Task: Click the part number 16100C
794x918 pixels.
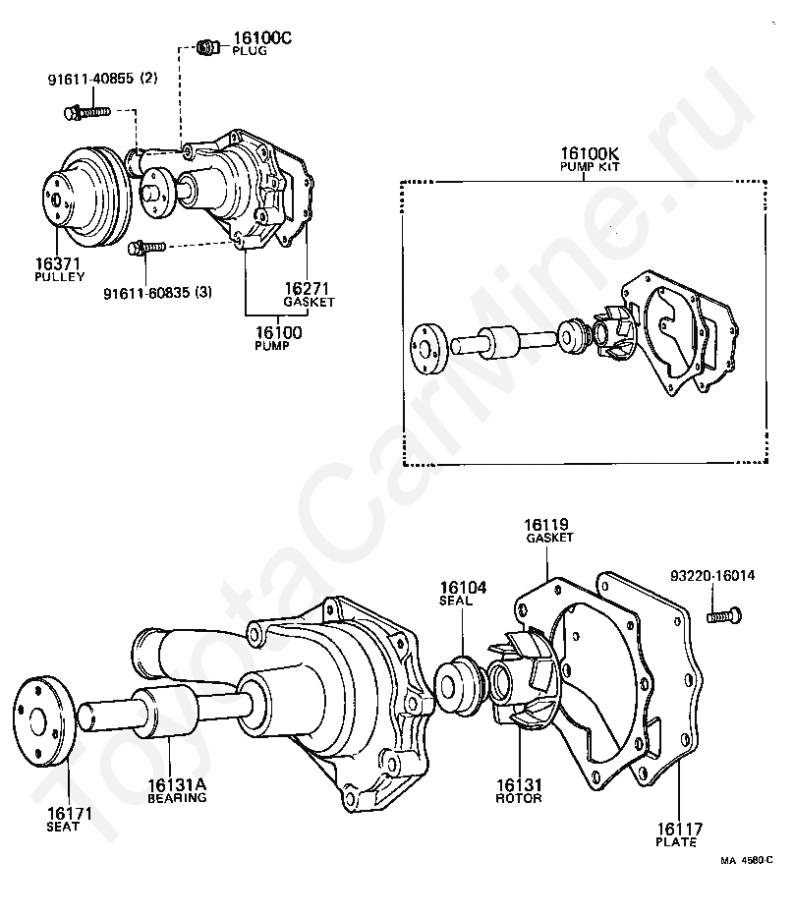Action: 262,38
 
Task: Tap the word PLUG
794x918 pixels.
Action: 250,51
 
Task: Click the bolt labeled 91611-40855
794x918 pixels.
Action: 86,112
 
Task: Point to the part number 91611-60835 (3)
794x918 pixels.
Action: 157,292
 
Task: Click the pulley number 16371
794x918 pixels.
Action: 57,264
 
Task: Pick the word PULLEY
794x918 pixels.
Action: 59,277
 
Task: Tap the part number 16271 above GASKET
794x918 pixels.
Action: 307,289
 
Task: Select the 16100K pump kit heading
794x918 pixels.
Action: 590,158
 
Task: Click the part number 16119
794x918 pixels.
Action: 546,525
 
